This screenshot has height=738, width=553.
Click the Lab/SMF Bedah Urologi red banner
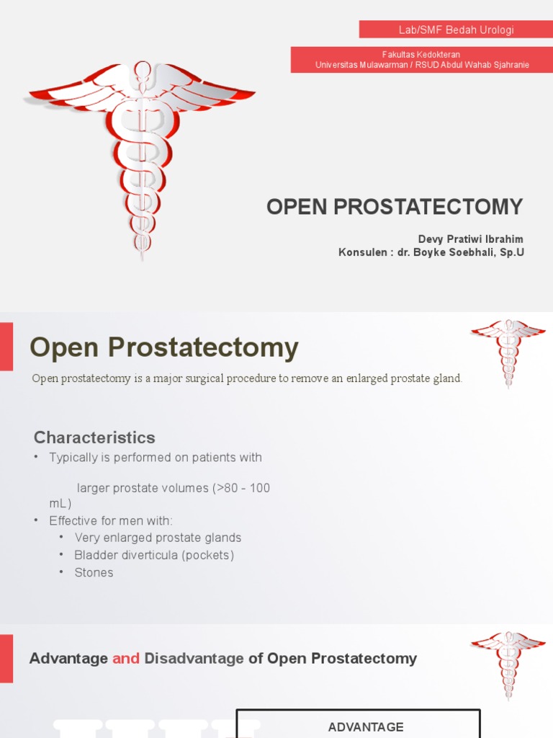[457, 30]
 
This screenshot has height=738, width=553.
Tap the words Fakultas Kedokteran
[421, 55]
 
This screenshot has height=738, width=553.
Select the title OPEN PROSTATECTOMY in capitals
[395, 207]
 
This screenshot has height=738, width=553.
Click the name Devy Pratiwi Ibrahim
[471, 239]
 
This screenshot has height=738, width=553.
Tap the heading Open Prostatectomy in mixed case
[164, 348]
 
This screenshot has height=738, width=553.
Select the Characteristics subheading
[94, 437]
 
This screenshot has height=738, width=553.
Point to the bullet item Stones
[94, 572]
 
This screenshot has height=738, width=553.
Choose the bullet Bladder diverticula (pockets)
[154, 555]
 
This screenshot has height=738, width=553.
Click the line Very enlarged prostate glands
[158, 538]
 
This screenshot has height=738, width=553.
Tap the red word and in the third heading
[126, 658]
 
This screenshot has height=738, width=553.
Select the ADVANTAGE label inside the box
[366, 727]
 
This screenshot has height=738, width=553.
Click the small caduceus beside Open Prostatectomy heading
[508, 352]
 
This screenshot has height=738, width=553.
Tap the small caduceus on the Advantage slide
[508, 664]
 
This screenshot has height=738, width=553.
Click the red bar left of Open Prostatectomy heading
[6, 347]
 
